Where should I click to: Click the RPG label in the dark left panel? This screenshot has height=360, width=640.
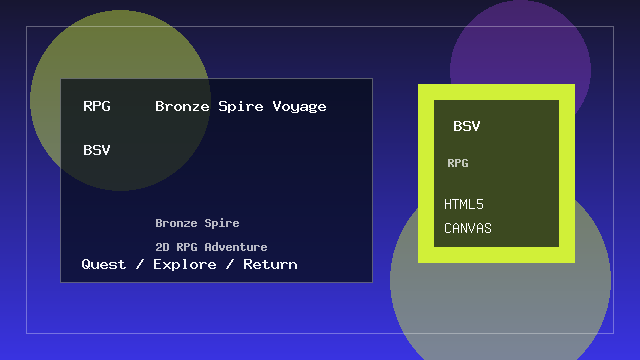point(97,106)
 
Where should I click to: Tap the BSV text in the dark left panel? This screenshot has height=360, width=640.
point(97,150)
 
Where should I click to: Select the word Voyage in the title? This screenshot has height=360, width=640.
point(299,106)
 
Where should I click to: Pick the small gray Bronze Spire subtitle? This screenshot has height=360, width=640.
point(197,223)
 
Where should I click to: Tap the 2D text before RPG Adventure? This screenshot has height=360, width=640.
point(163,246)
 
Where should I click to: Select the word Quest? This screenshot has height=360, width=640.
point(104,264)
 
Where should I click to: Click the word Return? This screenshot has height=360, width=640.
point(270,264)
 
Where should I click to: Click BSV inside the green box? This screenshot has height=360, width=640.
point(467,126)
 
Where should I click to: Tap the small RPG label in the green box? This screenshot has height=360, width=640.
point(458,162)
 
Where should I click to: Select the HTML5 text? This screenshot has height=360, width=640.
point(464,204)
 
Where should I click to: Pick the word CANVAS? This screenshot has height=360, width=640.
point(468,228)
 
